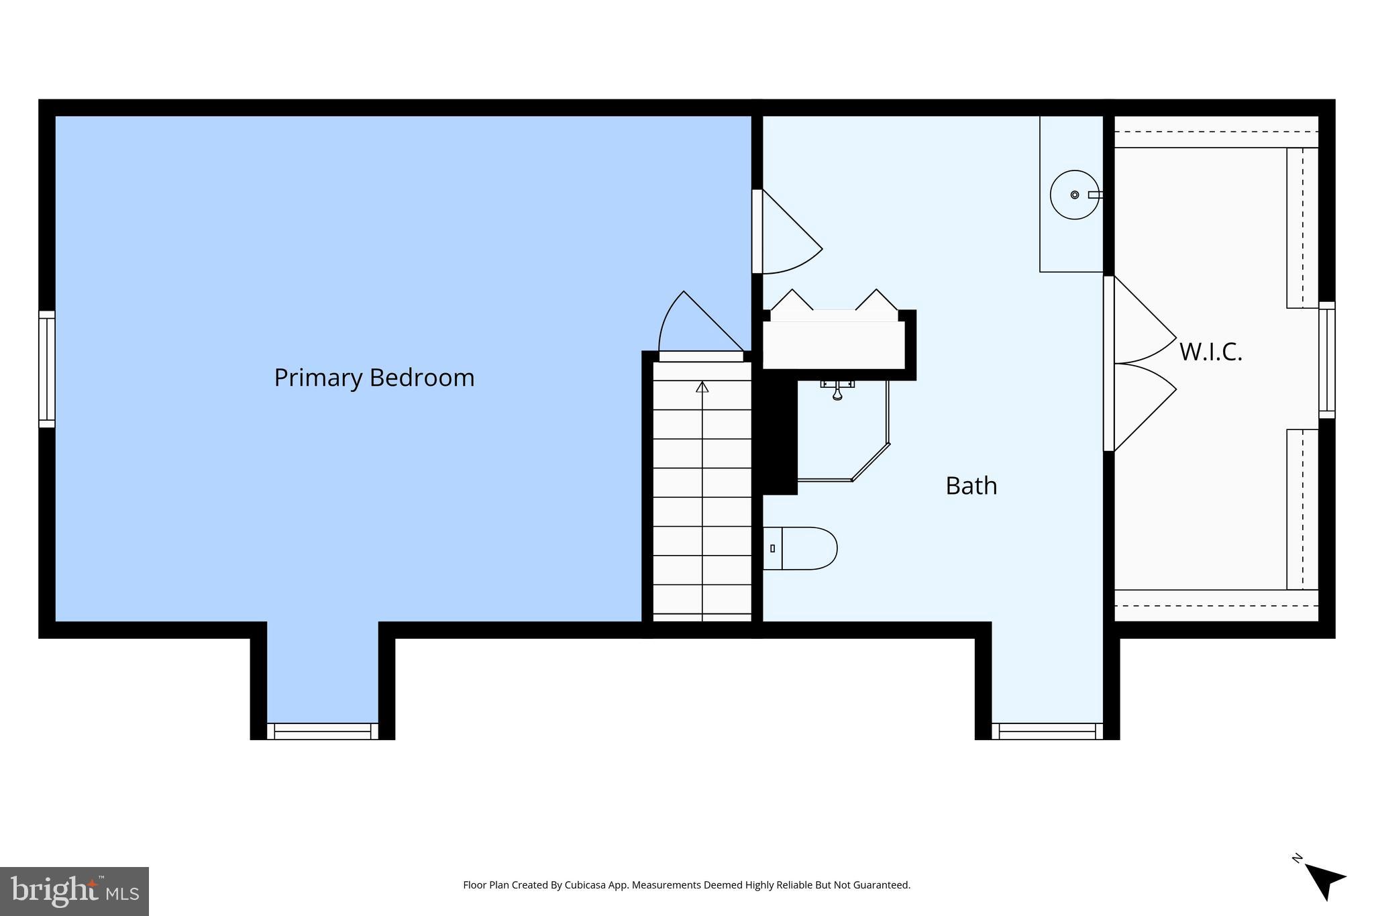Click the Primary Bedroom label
pyautogui.click(x=374, y=378)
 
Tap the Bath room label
pyautogui.click(x=971, y=486)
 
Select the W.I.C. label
pyautogui.click(x=1210, y=352)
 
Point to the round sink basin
pyautogui.click(x=1074, y=195)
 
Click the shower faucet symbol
pyautogui.click(x=837, y=390)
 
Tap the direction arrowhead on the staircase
pyautogui.click(x=702, y=387)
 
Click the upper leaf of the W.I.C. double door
pyautogui.click(x=1141, y=322)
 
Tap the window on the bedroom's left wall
pyautogui.click(x=46, y=368)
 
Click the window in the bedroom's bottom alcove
pyautogui.click(x=323, y=731)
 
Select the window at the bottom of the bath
pyautogui.click(x=1047, y=731)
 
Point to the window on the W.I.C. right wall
pyautogui.click(x=1326, y=360)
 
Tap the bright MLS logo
pyautogui.click(x=74, y=891)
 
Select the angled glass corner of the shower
pyautogui.click(x=871, y=462)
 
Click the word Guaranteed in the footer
pyautogui.click(x=879, y=885)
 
